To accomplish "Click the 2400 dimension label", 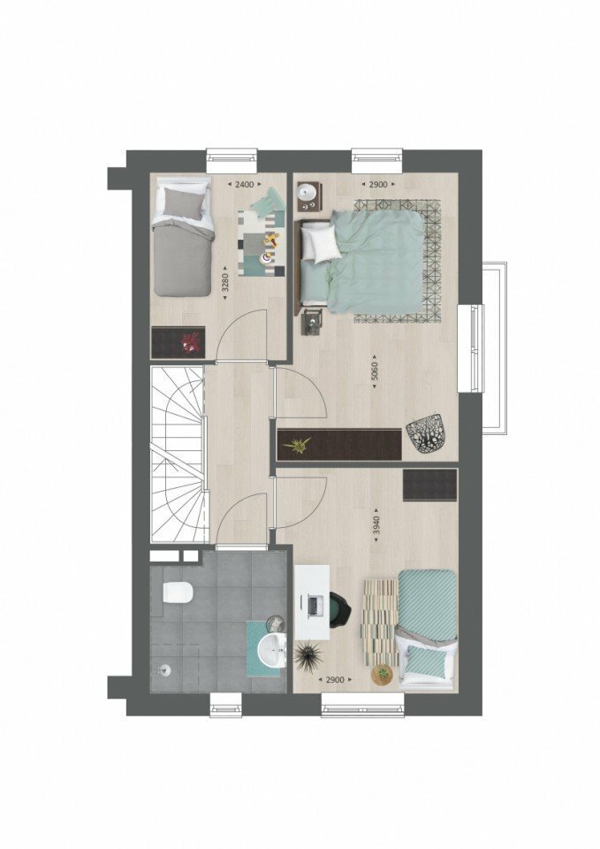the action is [x=244, y=185].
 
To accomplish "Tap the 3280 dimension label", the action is [x=225, y=282].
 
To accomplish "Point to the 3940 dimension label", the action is [x=377, y=524].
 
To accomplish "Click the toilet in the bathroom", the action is [x=178, y=592].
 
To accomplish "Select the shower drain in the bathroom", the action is [x=164, y=671].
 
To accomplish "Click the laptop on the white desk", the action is [x=314, y=605].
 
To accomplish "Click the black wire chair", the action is [x=427, y=432].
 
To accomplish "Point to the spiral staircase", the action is [x=178, y=455].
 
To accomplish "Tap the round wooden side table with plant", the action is [x=382, y=674].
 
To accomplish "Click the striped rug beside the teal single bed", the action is [x=380, y=621].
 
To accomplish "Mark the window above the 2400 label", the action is [x=232, y=156].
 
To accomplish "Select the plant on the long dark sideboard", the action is [x=297, y=445].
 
